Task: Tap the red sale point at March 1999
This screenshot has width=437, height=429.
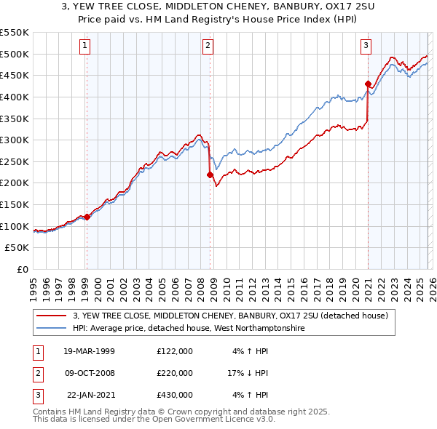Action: pyautogui.click(x=87, y=217)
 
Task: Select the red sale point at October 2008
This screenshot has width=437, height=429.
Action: pyautogui.click(x=210, y=175)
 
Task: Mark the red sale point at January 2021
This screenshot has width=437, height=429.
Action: pyautogui.click(x=368, y=84)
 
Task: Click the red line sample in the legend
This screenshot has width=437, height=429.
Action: pyautogui.click(x=52, y=316)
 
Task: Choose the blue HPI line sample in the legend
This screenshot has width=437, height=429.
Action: pyautogui.click(x=52, y=328)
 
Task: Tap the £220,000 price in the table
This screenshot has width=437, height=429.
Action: pyautogui.click(x=175, y=373)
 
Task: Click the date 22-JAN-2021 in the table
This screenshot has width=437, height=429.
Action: pyautogui.click(x=89, y=395)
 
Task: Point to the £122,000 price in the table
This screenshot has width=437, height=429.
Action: pyautogui.click(x=175, y=351)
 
